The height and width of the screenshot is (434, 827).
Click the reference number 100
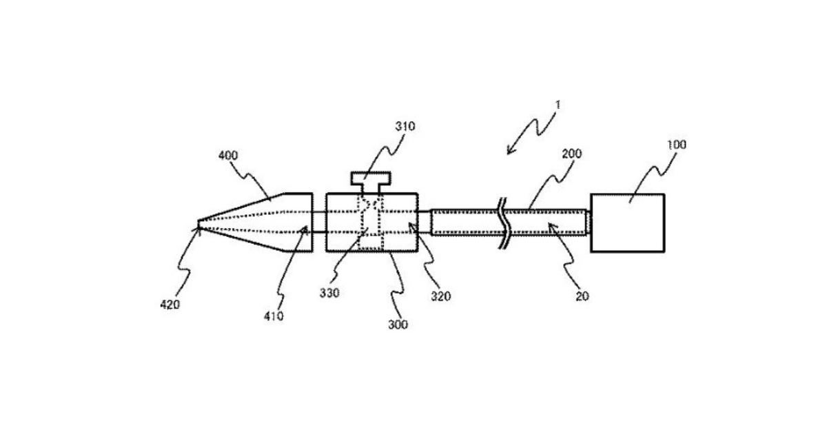tap(677, 145)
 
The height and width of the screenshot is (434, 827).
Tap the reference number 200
tap(572, 153)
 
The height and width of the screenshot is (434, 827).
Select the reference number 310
tap(405, 127)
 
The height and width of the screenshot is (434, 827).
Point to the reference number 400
tap(228, 156)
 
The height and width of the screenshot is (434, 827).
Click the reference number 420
tap(170, 304)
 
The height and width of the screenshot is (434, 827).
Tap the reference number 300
tap(398, 324)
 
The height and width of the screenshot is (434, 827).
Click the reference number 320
tap(441, 296)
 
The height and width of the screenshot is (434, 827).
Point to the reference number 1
tap(558, 105)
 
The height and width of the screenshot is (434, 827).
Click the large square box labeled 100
tap(627, 223)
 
